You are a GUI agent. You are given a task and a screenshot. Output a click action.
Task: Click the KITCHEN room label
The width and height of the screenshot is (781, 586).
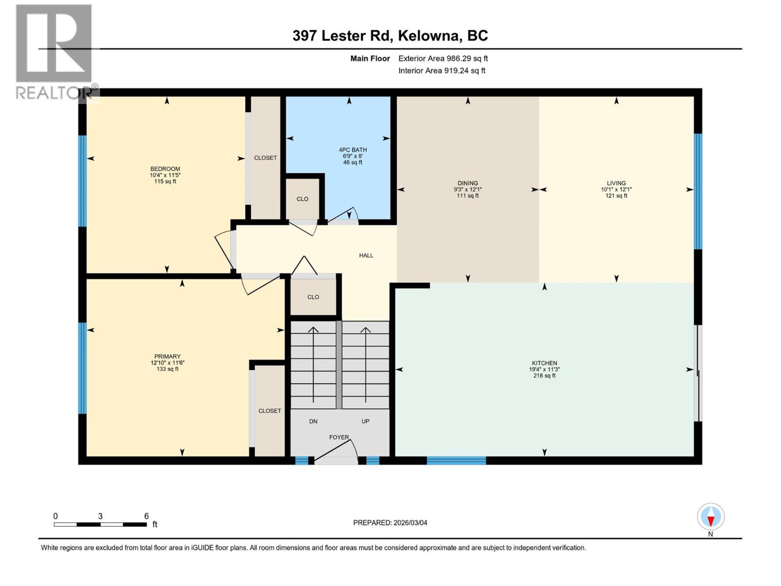[x=544, y=363]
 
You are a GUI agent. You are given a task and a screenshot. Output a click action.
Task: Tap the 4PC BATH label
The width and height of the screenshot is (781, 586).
[x=352, y=150]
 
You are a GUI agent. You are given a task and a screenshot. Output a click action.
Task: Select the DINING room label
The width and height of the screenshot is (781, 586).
[x=468, y=183]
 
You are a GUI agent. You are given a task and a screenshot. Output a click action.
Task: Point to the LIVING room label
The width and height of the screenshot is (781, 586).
[x=616, y=183]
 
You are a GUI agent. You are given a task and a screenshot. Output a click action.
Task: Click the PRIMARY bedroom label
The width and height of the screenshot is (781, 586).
[x=167, y=356]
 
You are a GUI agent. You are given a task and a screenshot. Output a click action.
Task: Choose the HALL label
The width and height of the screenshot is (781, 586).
[x=366, y=255]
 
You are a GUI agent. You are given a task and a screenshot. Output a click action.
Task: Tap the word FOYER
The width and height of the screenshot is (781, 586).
[x=339, y=438]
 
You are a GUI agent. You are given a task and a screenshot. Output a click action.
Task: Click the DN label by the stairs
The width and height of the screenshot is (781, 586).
[x=313, y=421]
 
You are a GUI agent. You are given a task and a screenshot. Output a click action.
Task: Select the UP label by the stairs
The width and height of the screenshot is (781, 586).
[x=365, y=421]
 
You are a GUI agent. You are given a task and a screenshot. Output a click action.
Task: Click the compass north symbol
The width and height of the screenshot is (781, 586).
[x=711, y=517]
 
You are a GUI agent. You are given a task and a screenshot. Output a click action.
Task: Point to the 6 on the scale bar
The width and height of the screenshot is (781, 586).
[x=146, y=516]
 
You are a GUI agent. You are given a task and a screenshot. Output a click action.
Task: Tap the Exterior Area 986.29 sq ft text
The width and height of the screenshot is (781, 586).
[x=443, y=59]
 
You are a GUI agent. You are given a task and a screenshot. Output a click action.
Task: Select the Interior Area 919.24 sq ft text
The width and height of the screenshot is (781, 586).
[x=442, y=71]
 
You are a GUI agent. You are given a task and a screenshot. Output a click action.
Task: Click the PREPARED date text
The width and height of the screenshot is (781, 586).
[x=390, y=523]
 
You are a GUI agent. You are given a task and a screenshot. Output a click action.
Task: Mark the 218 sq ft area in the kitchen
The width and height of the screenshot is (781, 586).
[x=544, y=376]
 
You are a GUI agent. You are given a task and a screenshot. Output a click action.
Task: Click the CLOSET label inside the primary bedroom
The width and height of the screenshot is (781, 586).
[x=269, y=411]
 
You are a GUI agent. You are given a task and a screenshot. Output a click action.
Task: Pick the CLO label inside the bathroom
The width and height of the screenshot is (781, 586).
[x=302, y=199]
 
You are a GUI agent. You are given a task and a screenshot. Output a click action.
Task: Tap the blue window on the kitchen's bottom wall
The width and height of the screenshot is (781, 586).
[x=456, y=460]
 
